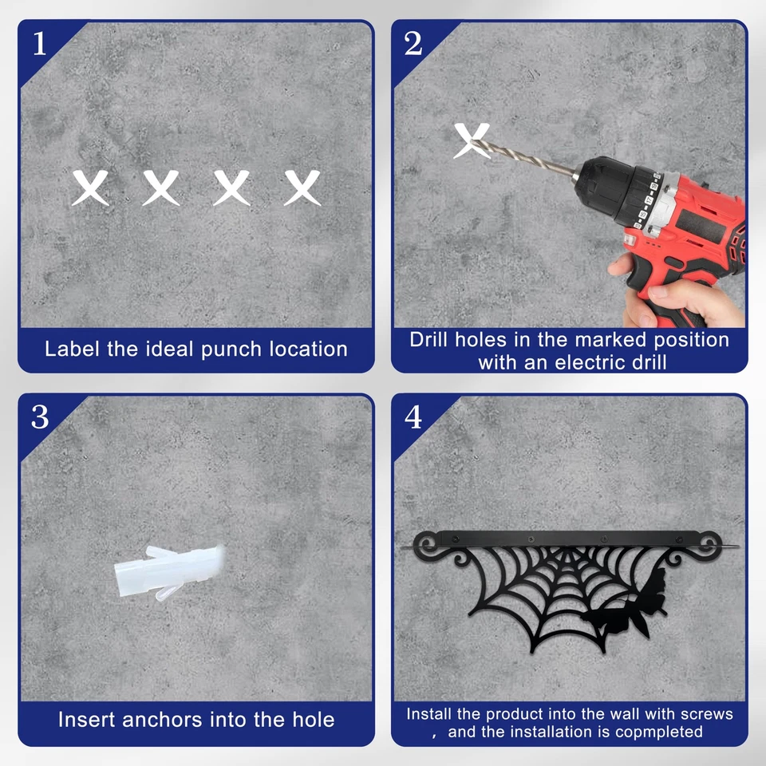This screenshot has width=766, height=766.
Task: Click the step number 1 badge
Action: [x=40, y=43]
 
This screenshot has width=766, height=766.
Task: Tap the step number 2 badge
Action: [x=413, y=43]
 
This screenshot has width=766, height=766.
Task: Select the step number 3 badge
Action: [x=40, y=417]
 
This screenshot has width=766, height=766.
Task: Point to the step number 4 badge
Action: [x=413, y=417]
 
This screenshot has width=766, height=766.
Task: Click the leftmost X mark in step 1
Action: [x=90, y=188]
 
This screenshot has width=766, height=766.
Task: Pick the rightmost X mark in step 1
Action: [x=302, y=188]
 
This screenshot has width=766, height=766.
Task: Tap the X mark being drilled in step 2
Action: [x=471, y=140]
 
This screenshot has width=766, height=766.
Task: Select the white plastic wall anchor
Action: [x=169, y=571]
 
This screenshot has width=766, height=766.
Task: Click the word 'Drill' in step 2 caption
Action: [x=430, y=340]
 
